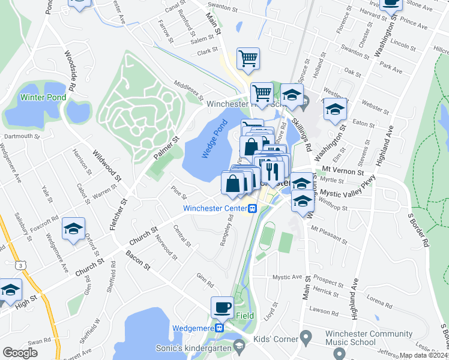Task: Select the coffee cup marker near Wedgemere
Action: pyautogui.click(x=223, y=307)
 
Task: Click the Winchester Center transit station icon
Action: pyautogui.click(x=253, y=208)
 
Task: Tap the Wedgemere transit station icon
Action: pyautogui.click(x=220, y=328)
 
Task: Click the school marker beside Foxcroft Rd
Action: pyautogui.click(x=73, y=229)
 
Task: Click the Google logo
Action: pyautogui.click(x=20, y=353)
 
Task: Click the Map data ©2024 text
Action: pyautogui.click(x=424, y=355)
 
